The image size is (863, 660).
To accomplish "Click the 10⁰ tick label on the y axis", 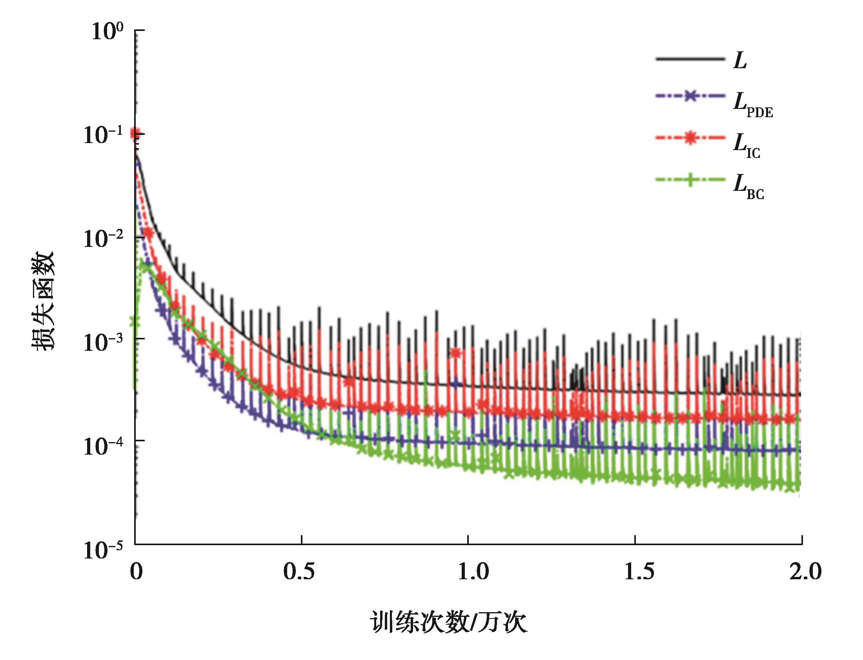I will (107, 31).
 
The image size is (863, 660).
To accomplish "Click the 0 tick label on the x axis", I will (136, 571).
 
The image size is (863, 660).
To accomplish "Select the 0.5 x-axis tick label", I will (299, 571).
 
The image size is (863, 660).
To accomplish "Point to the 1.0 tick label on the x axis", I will (473, 571).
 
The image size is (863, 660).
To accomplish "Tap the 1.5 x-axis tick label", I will (640, 571).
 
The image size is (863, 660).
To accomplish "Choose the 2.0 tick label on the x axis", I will (805, 571).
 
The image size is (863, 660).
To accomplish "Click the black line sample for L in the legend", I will (690, 59).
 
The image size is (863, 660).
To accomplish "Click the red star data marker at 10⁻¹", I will (136, 134).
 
